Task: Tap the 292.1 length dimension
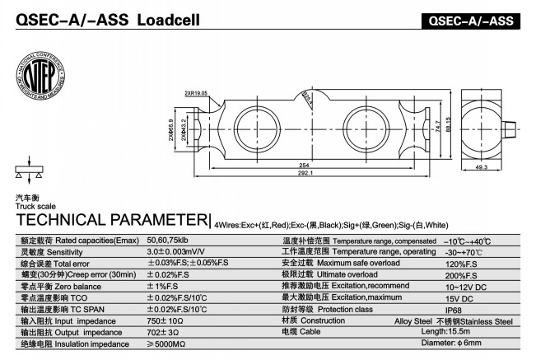click(x=304, y=174)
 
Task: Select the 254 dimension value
click(x=304, y=164)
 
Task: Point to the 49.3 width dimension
click(x=482, y=167)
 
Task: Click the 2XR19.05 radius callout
click(x=196, y=93)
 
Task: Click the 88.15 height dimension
click(x=448, y=124)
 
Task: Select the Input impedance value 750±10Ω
click(x=165, y=320)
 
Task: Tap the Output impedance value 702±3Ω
click(x=164, y=332)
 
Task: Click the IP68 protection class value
click(x=455, y=309)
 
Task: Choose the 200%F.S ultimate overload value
click(x=460, y=274)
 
